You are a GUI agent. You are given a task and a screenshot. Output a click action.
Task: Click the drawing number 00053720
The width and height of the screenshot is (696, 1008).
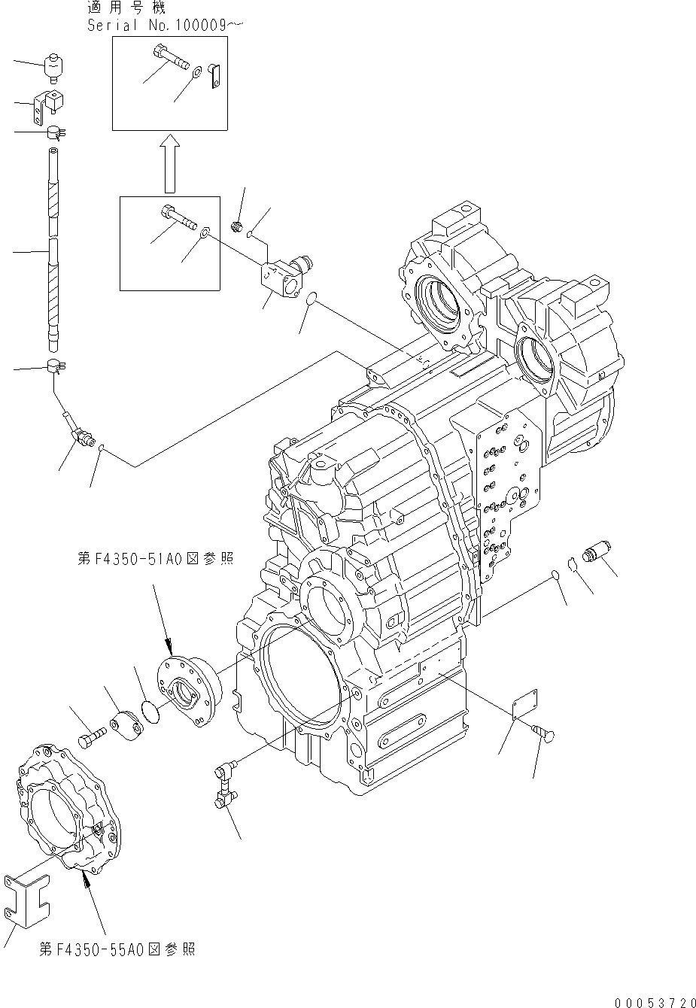(x=654, y=1001)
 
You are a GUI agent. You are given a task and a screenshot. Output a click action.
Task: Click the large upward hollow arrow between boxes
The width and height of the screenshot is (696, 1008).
(x=171, y=163)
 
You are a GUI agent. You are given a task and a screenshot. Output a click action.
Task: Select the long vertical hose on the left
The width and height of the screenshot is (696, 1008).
(x=53, y=248)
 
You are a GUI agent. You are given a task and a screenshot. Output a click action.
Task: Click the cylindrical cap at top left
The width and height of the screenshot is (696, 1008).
(x=53, y=67)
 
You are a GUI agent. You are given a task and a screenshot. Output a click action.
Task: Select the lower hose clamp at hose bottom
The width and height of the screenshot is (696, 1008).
(x=55, y=367)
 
